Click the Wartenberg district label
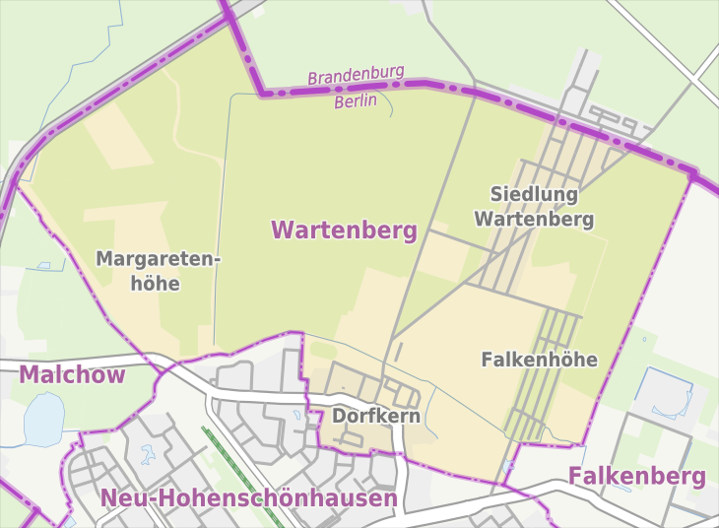tap(344, 231)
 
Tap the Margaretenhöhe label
tap(158, 271)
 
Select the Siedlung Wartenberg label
tap(535, 207)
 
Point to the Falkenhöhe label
tap(539, 360)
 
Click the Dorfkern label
tap(376, 416)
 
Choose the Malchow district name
tap(72, 375)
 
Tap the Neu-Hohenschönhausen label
tap(248, 498)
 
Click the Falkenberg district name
tap(636, 477)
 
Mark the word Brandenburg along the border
tap(356, 78)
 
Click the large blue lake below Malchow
tap(42, 418)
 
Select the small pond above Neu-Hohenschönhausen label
tap(148, 454)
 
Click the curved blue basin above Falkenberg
tap(662, 392)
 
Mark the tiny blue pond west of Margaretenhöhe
tap(43, 265)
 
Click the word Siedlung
tap(534, 194)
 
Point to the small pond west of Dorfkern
tap(296, 415)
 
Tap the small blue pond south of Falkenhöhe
tap(507, 463)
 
